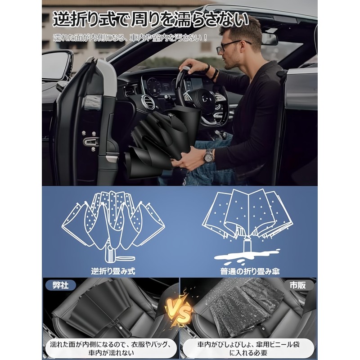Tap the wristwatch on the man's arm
[x=208, y=155]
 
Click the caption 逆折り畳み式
[x=112, y=271]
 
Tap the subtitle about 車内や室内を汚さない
[x=130, y=37]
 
